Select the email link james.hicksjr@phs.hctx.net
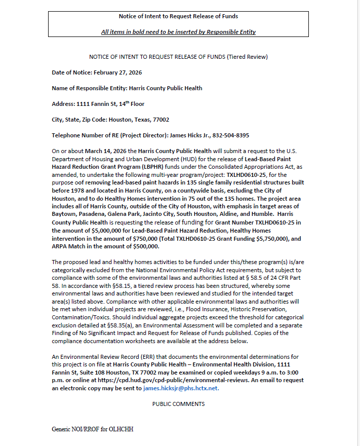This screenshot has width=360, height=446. tap(181, 388)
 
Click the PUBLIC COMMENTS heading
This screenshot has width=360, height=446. tap(178, 404)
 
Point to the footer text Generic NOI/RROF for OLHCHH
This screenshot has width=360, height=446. tap(92, 429)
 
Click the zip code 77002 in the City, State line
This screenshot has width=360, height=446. tap(160, 120)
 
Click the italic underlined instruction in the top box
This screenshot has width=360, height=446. tap(178, 32)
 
